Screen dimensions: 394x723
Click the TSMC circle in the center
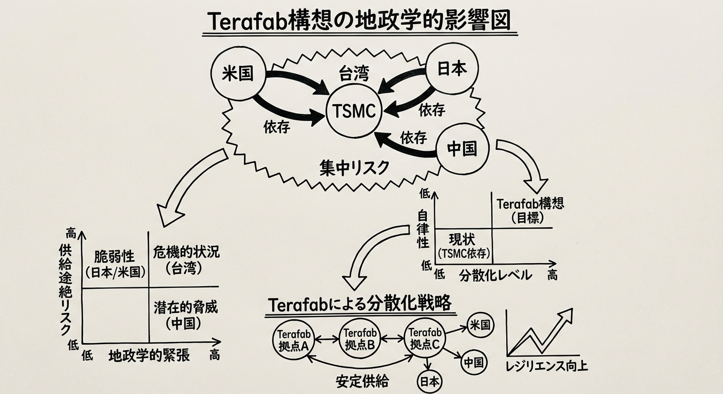[x=354, y=111]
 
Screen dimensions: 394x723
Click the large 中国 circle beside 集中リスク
[x=462, y=149]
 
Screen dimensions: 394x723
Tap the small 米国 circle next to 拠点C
[x=480, y=325]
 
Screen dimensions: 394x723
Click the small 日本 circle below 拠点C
[x=429, y=382]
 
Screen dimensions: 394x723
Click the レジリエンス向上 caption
[x=546, y=366]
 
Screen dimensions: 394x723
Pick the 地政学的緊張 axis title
[x=149, y=355]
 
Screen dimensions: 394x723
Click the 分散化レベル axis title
[x=495, y=274]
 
